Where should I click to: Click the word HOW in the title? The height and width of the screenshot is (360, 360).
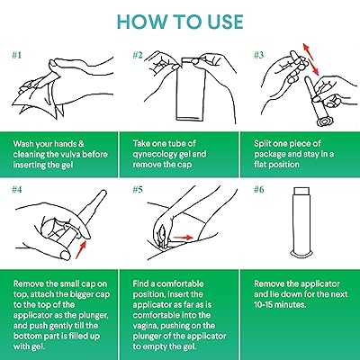141,22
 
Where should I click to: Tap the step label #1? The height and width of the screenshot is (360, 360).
17,55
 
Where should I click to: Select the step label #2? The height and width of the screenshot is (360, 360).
138,55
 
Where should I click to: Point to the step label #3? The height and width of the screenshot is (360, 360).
258,55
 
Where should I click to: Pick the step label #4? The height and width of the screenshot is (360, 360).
17,190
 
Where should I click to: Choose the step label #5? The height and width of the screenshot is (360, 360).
138,190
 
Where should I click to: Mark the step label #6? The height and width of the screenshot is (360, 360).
258,190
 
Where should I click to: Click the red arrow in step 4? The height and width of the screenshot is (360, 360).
81,248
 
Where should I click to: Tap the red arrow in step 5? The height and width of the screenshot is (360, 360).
183,238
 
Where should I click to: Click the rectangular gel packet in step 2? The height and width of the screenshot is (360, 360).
190,90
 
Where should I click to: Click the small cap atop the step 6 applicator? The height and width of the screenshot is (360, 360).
302,191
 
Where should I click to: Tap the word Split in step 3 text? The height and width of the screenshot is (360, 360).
261,144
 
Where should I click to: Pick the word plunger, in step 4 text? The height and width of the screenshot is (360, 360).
93,315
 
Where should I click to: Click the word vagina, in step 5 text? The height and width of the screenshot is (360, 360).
146,326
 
